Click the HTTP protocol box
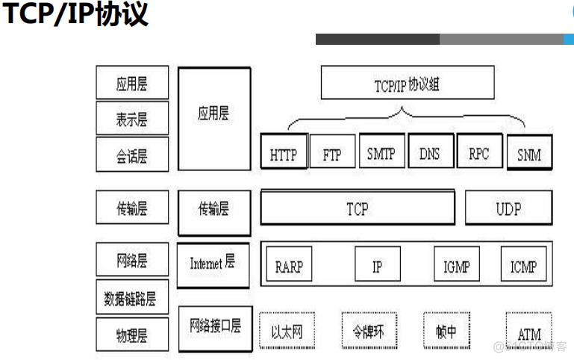pos(284,153)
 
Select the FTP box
pos(332,154)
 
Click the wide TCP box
pos(357,208)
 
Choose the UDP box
pos(508,208)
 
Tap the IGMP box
pos(455,265)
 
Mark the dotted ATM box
pos(528,331)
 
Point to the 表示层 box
pos(132,119)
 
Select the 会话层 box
pos(132,155)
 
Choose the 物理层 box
pos(132,334)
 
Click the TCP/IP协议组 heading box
pos(408,83)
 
